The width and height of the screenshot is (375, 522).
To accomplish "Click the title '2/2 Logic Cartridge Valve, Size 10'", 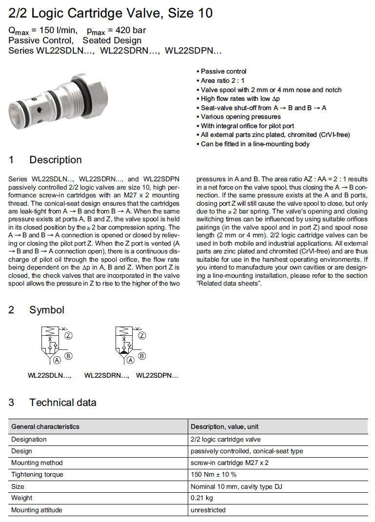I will tap(111, 13).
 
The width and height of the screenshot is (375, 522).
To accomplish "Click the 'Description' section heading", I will tap(55, 160).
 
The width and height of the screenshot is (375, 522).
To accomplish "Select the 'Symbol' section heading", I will tap(46, 310).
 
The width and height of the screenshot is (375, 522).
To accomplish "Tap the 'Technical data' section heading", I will tap(62, 403).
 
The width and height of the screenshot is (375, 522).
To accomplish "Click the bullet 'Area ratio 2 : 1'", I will tap(223, 80).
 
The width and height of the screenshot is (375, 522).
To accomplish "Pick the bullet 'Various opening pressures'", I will tap(241, 116).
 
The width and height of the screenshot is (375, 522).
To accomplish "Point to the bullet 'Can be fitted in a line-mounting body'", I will tap(255, 144).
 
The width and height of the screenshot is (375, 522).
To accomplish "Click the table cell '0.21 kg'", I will tap(202, 498).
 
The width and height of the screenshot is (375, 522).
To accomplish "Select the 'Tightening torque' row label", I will tap(37, 475).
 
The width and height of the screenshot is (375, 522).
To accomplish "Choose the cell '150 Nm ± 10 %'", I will tap(214, 475).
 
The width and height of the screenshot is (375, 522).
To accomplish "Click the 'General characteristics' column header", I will tap(45, 427).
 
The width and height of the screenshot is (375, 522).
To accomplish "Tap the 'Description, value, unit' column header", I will tap(225, 427).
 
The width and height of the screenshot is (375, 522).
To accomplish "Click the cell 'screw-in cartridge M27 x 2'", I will tap(230, 463).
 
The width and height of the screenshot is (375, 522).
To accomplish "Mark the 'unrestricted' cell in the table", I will tap(208, 510).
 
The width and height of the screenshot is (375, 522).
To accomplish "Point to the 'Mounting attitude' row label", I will tap(37, 510).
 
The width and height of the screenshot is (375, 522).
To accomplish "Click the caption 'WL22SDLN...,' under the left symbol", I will tap(49, 376).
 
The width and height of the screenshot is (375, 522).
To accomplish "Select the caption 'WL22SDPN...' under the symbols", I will tap(157, 376).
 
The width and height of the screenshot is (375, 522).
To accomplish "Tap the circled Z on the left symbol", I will tap(69, 335).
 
